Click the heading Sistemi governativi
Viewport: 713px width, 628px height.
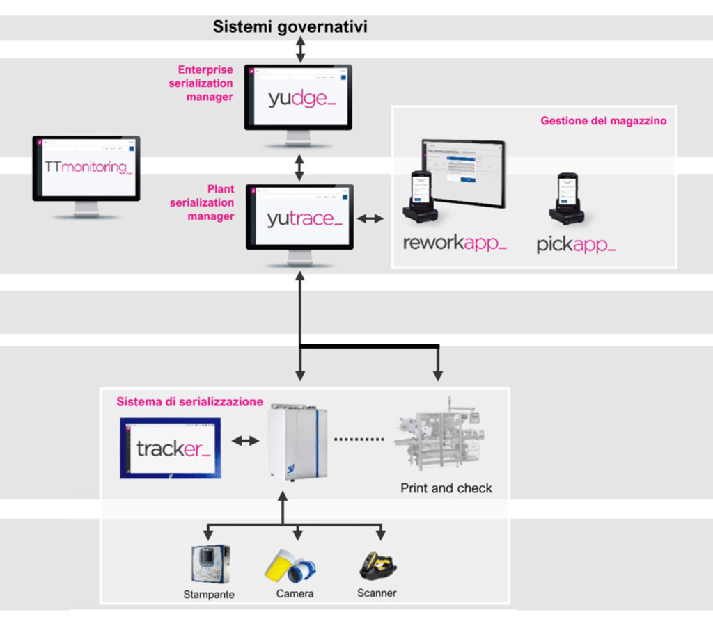(290, 28)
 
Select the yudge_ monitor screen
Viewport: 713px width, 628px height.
(298, 97)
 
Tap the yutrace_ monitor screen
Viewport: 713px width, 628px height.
(299, 218)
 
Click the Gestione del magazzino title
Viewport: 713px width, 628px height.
(603, 121)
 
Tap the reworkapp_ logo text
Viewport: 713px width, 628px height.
(455, 243)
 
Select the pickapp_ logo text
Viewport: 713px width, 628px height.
(576, 245)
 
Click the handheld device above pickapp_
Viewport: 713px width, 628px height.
(566, 198)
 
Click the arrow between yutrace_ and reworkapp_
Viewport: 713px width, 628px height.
(370, 218)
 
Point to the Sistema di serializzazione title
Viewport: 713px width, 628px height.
(189, 402)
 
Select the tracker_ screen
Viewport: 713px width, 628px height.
(171, 448)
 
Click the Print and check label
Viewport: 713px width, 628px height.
(446, 488)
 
